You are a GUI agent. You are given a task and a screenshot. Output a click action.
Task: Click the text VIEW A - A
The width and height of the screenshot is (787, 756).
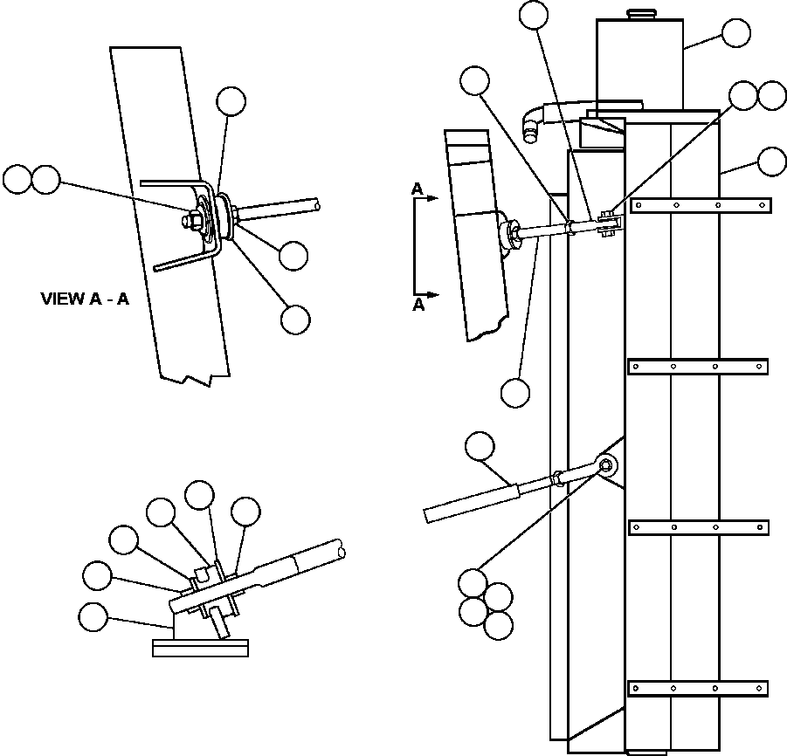tap(85, 299)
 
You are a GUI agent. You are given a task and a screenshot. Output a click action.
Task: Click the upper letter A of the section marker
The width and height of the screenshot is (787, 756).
tap(418, 189)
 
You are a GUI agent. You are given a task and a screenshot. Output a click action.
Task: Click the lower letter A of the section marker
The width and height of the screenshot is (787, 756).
tap(418, 305)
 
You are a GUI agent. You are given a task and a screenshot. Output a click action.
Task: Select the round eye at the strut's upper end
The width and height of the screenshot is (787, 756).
tap(608, 464)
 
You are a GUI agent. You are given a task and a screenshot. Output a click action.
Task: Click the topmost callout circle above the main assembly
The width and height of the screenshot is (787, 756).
tap(533, 15)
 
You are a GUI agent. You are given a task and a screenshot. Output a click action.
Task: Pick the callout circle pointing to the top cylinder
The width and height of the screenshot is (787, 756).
tap(735, 34)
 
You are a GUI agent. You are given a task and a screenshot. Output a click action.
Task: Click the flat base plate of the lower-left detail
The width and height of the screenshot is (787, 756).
tap(200, 648)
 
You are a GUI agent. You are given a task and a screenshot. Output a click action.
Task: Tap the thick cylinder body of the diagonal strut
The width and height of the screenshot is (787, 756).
tap(472, 504)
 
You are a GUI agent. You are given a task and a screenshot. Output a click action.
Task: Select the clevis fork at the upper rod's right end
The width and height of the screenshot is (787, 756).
tap(611, 226)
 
